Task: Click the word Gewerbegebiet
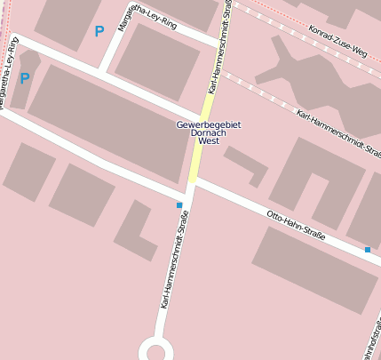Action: pos(209,125)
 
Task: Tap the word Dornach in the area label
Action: pos(209,133)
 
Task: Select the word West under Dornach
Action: pos(209,141)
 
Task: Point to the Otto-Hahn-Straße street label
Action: pos(296,225)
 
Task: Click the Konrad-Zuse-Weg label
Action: pos(337,41)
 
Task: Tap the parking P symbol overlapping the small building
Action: pos(25,79)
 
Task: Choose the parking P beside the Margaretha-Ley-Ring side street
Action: pos(99,31)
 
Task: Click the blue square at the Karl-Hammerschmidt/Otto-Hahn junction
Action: pos(179,205)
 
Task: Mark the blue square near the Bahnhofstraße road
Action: pos(368,250)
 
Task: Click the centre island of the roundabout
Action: pos(156,351)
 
